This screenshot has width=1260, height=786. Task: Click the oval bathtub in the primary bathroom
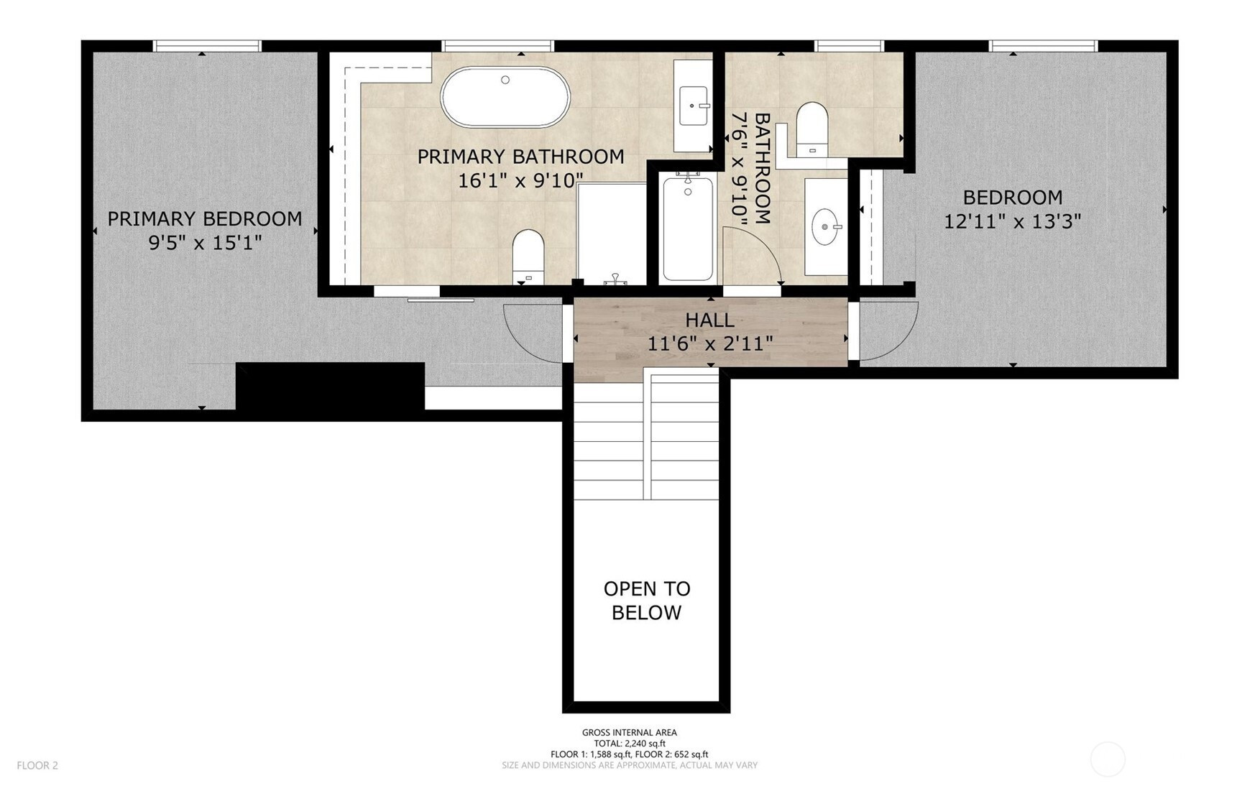(505, 98)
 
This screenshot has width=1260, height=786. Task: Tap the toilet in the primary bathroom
(528, 256)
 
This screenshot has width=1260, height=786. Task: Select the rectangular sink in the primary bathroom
(694, 106)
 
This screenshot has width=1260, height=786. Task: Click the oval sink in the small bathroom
(827, 227)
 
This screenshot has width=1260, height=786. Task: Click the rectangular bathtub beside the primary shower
(688, 227)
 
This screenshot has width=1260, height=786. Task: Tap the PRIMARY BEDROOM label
(205, 219)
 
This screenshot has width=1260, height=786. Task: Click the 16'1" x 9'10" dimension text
(520, 180)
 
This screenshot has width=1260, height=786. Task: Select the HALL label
(709, 320)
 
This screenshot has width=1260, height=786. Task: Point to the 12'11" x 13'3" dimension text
(1012, 221)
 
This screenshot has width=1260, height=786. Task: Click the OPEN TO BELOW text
(647, 601)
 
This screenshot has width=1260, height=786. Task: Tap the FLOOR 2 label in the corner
(37, 765)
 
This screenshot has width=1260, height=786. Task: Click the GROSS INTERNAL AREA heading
(630, 733)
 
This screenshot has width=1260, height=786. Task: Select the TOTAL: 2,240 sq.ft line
(630, 744)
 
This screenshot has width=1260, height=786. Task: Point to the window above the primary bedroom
(207, 46)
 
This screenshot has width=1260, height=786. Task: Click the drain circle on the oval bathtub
(505, 80)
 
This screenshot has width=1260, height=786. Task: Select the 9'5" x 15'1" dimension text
(205, 244)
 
